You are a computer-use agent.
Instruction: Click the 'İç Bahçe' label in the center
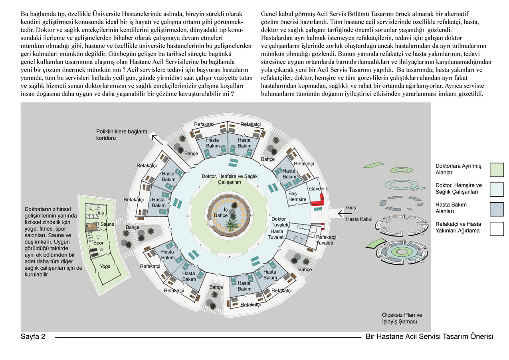[221, 212]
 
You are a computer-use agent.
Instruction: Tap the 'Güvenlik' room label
[318, 189]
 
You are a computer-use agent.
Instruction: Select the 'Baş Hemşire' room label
[297, 196]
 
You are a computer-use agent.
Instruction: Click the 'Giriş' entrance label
[351, 207]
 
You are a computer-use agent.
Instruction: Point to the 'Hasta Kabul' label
[359, 219]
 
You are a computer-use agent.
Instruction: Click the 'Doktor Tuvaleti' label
[280, 222]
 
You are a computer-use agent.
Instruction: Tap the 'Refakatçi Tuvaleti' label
[326, 240]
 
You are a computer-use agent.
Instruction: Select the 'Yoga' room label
[105, 267]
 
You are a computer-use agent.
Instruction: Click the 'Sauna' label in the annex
[107, 224]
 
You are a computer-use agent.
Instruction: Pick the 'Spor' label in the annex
[98, 243]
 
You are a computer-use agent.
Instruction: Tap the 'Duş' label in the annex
[99, 213]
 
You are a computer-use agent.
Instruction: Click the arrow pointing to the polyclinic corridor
[157, 139]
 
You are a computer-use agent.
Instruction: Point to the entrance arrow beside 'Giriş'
[345, 214]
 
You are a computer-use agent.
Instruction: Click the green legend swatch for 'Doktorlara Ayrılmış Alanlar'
[497, 170]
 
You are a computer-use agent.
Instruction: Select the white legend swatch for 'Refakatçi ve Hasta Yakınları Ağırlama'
[497, 229]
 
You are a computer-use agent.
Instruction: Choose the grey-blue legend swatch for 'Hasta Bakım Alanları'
[497, 209]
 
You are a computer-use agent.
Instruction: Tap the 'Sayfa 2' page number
[33, 336]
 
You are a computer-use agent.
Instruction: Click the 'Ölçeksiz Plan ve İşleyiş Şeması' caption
[402, 318]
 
